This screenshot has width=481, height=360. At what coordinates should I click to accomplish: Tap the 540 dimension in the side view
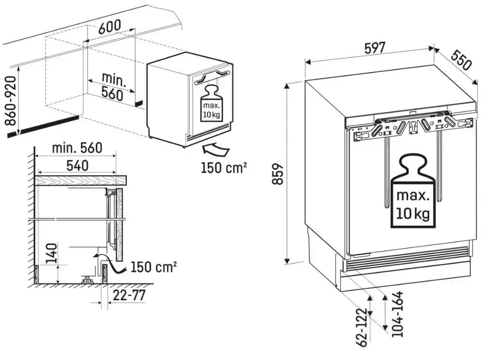click(x=77, y=166)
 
